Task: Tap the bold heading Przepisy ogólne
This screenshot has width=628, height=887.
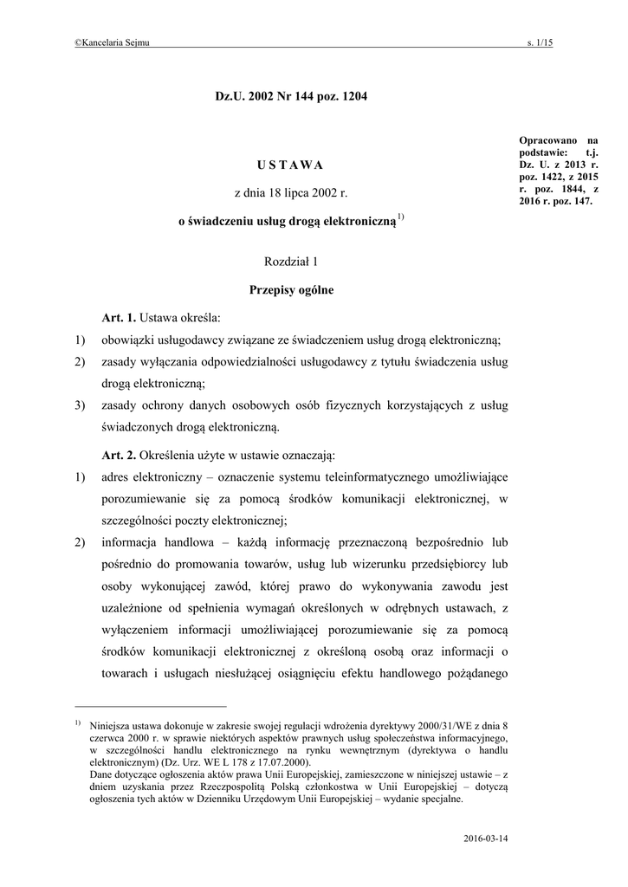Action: tap(291, 290)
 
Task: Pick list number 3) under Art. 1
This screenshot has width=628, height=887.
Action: tap(81, 405)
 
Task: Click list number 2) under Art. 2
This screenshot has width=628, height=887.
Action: tap(81, 543)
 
